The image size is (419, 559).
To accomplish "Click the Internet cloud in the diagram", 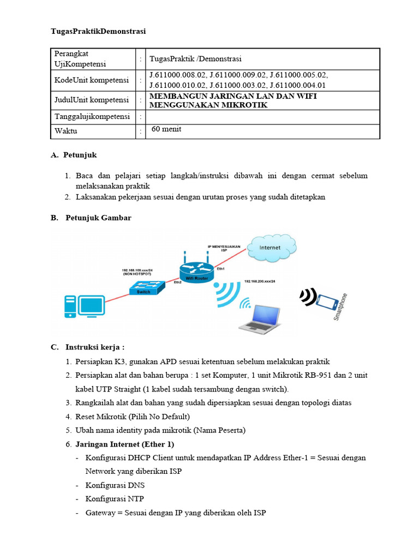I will click(271, 248).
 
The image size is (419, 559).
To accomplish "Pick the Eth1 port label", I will click(221, 269).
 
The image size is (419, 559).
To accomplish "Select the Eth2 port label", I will click(177, 283).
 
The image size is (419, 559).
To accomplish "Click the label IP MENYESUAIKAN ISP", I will click(224, 248).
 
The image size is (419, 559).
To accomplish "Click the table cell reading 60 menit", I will click(166, 129).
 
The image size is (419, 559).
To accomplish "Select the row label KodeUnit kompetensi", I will click(92, 80).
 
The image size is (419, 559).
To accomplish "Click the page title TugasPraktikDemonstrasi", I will click(98, 31).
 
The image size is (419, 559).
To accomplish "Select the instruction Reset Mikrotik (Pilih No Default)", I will click(132, 416).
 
